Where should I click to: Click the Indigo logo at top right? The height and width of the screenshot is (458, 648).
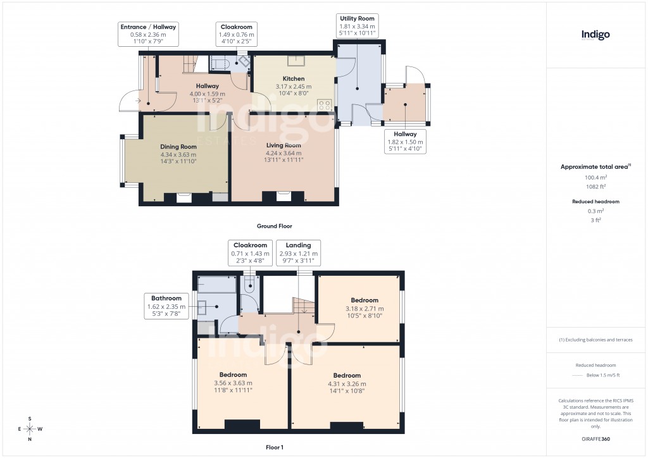595,35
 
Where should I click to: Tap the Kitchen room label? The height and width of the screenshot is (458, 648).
294,79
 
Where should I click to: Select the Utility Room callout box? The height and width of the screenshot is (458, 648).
357,26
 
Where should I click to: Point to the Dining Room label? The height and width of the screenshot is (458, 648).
178,147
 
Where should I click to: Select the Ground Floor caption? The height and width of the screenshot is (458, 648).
274,226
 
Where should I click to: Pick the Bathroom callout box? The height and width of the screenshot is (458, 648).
166,306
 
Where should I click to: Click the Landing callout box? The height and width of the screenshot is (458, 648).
298,252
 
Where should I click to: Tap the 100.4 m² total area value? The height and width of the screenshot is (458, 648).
595,178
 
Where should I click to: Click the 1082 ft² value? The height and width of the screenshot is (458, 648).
595,187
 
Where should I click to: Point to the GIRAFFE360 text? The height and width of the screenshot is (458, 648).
595,438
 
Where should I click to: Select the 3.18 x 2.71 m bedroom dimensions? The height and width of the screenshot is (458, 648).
364,309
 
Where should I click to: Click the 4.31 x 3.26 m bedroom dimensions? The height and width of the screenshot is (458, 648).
347,383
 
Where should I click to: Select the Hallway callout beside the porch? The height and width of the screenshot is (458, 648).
405,142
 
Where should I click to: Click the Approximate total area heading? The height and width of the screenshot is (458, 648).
595,166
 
